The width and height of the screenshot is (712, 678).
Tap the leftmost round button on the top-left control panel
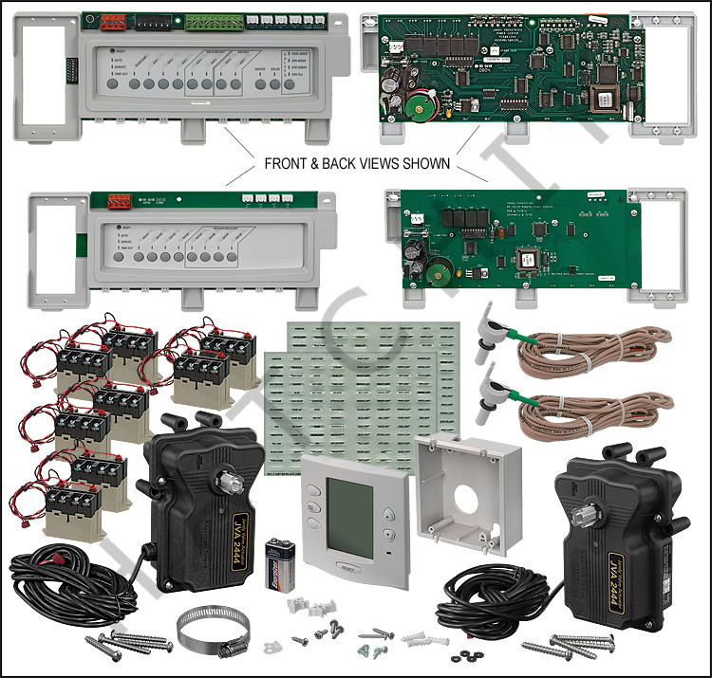[115, 84]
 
